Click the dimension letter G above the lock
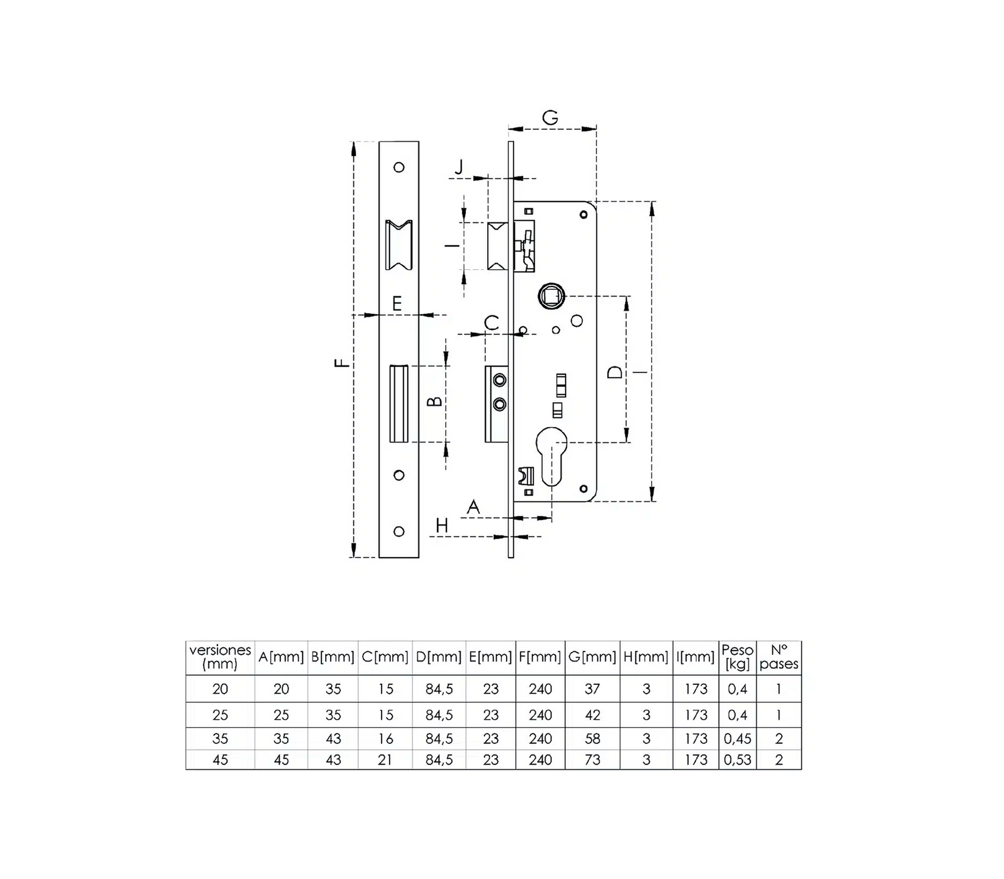(x=550, y=118)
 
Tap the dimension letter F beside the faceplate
(x=342, y=363)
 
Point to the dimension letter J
(x=458, y=167)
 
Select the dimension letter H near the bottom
(x=442, y=526)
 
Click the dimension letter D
(x=614, y=372)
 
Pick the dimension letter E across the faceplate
(x=397, y=303)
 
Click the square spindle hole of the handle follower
(x=551, y=297)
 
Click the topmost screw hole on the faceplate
(x=399, y=167)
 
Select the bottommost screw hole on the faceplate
(x=399, y=531)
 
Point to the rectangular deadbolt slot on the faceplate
(x=399, y=404)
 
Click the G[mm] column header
(x=592, y=657)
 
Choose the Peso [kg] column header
(x=737, y=657)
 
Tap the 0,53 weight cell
(x=737, y=760)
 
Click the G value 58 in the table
(x=592, y=738)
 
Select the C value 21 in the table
(x=386, y=760)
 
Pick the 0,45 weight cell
(x=737, y=738)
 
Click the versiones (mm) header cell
(x=220, y=657)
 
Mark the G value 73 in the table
(x=592, y=760)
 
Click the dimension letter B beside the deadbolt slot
(x=434, y=402)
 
